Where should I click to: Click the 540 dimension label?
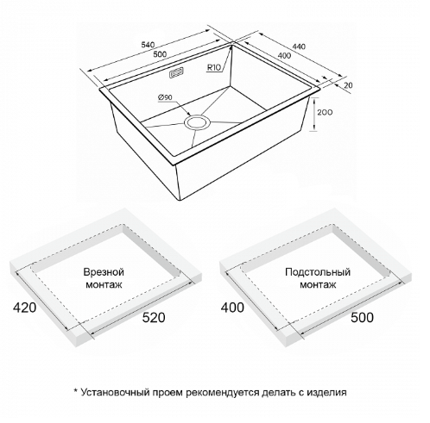tap(149, 45)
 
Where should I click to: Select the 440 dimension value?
tap(300, 47)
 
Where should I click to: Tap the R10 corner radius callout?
tap(214, 68)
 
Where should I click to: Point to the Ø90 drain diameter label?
tap(165, 97)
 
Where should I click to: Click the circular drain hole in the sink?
tap(198, 122)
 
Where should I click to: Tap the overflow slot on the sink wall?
tap(176, 72)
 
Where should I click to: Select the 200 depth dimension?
tap(325, 112)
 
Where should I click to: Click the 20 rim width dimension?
tap(348, 85)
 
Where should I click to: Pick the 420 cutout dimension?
tap(25, 308)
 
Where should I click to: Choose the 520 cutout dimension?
tap(154, 317)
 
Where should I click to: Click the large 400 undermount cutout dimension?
tap(232, 308)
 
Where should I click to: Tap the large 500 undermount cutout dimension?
tap(362, 317)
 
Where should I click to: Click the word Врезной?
tap(104, 272)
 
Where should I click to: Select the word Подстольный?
tap(318, 272)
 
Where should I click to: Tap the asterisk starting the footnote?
tap(75, 390)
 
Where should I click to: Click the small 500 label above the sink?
tap(160, 53)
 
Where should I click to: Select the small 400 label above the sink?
tap(285, 55)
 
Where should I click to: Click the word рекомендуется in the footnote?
tap(222, 393)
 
